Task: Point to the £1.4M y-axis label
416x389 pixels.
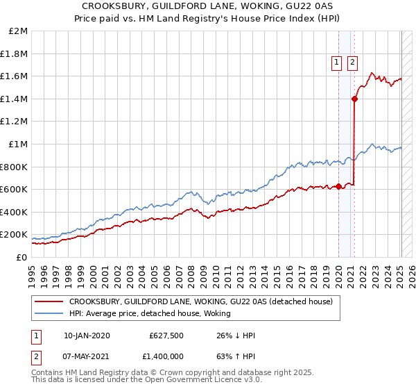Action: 14,99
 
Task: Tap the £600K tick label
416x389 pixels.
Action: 14,189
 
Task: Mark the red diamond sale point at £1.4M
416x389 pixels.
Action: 354,99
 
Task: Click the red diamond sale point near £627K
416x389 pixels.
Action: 338,186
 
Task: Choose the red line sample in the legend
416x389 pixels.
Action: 49,301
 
